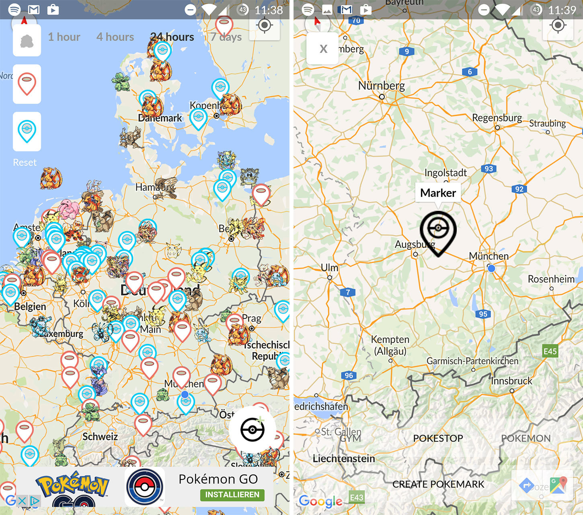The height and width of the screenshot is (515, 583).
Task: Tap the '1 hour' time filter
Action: point(64,37)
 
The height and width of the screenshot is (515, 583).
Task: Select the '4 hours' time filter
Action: point(115,37)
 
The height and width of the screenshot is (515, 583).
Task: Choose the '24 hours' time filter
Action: point(172,37)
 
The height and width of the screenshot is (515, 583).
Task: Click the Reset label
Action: point(25,162)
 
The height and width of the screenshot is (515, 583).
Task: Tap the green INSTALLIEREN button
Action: point(232,494)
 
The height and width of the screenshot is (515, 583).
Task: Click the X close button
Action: point(323,49)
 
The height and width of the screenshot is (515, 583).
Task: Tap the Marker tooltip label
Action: point(438,193)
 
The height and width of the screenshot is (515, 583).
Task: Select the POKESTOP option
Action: point(438,438)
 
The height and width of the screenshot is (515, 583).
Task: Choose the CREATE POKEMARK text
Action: point(438,484)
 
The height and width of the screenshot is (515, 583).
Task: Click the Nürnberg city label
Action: point(382,86)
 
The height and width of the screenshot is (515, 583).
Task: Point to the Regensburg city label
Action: point(497,118)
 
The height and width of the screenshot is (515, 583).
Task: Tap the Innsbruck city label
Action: point(511,381)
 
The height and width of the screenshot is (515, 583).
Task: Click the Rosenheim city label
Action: point(551,279)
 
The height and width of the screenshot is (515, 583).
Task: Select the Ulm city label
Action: point(329,268)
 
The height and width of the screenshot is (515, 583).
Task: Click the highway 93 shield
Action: point(489,169)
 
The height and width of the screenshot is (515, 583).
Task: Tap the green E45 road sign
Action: point(550,351)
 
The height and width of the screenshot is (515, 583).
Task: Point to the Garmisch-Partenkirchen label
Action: point(472,361)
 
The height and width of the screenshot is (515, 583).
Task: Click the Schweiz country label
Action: point(100,437)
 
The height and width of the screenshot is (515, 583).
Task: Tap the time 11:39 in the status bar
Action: point(562,10)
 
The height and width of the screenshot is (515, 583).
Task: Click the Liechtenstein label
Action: point(344,458)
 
